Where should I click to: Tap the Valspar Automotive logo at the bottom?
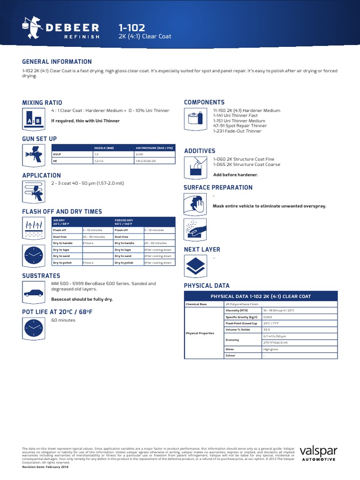[318, 455]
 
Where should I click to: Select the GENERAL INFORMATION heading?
[57, 62]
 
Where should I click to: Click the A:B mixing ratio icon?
[32, 118]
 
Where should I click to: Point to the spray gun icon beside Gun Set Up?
[32, 155]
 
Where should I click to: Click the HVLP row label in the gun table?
[57, 154]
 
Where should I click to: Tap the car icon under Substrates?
[32, 293]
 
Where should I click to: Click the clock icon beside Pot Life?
[32, 329]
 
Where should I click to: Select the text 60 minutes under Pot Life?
[63, 320]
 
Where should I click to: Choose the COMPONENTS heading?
[204, 102]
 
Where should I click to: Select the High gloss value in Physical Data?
[271, 349]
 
